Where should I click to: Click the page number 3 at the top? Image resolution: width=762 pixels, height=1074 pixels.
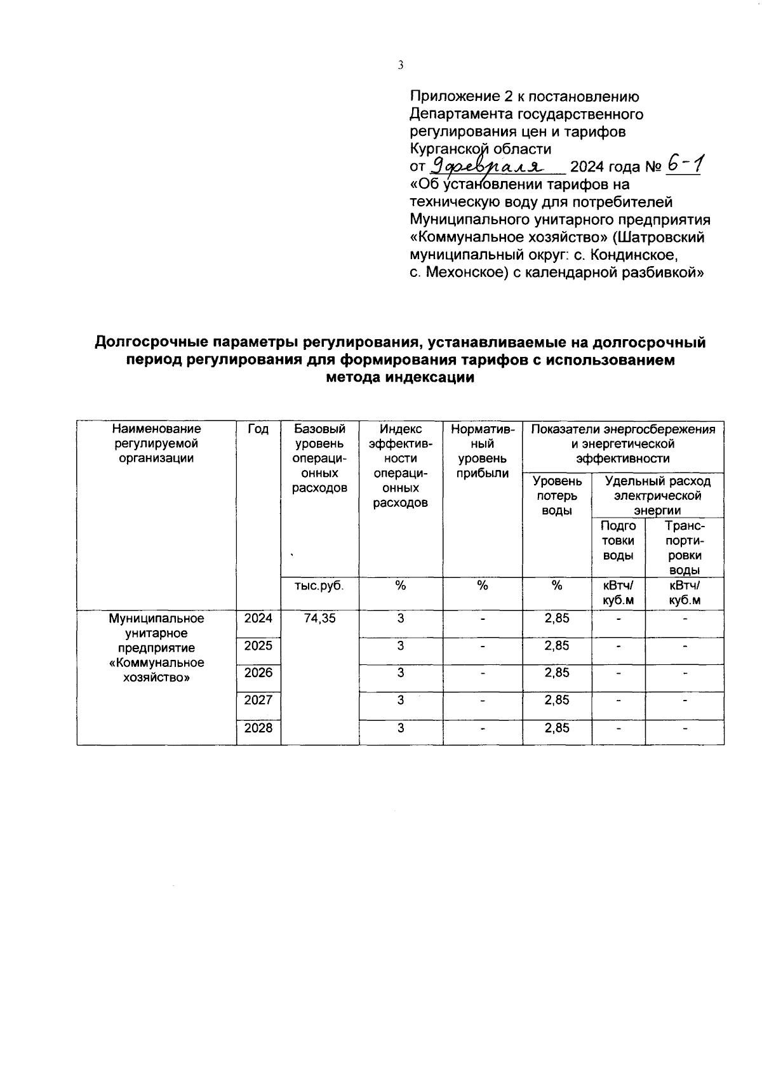[400, 65]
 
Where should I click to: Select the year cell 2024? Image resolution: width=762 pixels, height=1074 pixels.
[258, 619]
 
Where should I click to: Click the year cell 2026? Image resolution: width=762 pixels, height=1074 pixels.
[258, 673]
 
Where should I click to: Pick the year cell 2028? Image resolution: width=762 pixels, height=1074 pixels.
[258, 728]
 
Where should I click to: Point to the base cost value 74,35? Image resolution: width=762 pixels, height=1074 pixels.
[319, 619]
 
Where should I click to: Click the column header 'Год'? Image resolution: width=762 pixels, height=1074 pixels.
[258, 430]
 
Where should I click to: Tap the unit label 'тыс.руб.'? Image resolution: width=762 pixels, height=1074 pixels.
[319, 586]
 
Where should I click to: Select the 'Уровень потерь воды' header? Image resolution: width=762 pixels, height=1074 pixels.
[556, 496]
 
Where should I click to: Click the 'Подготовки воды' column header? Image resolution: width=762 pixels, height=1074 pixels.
[618, 541]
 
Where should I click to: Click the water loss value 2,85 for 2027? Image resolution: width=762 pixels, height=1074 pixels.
[556, 701]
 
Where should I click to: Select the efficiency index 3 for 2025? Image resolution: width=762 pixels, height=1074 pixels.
[400, 646]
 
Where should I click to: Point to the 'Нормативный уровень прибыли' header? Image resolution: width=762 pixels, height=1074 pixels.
[483, 451]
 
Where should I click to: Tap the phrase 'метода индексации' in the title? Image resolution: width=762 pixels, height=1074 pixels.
[400, 378]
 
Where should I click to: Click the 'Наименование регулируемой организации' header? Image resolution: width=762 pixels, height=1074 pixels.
[156, 444]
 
